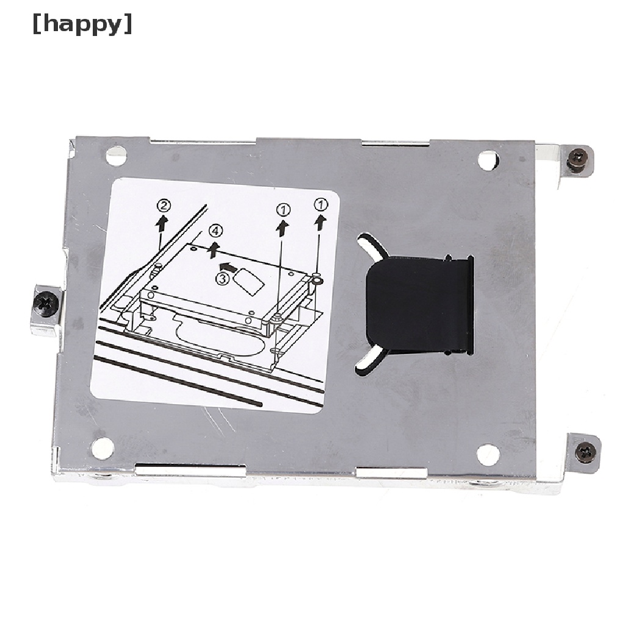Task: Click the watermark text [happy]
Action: [x=82, y=24]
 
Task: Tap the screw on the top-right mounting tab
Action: [x=577, y=158]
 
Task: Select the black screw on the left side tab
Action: [x=46, y=304]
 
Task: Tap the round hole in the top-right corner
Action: [x=488, y=161]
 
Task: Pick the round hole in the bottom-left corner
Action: [x=103, y=448]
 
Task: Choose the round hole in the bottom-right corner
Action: [x=488, y=454]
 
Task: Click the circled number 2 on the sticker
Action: [x=164, y=206]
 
